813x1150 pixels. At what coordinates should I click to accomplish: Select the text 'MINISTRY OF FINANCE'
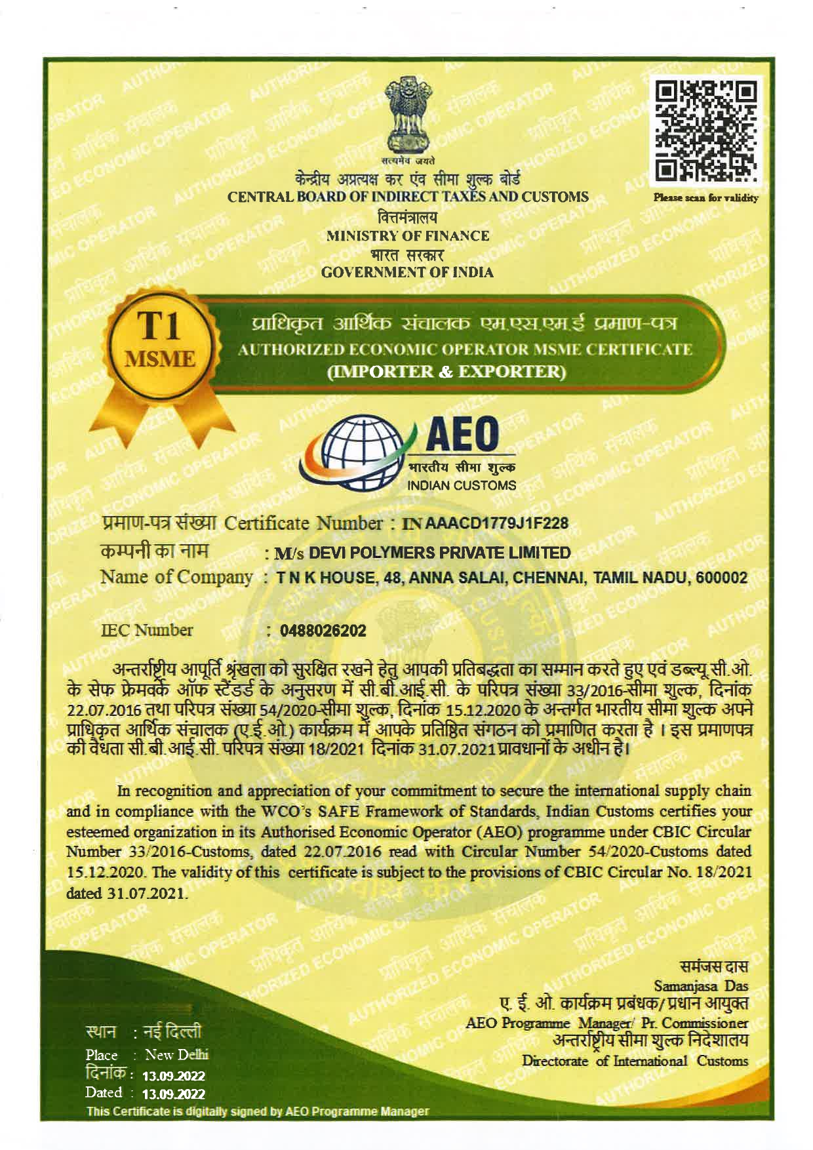tap(407, 235)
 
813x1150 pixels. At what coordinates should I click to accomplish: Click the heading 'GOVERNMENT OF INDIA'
tap(408, 272)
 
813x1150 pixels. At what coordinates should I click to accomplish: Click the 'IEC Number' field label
tap(146, 631)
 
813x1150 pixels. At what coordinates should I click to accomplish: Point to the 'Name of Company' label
tap(176, 578)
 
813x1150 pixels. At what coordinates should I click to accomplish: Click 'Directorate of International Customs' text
tap(635, 1060)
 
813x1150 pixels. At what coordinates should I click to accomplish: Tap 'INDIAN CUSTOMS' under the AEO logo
tap(462, 486)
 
